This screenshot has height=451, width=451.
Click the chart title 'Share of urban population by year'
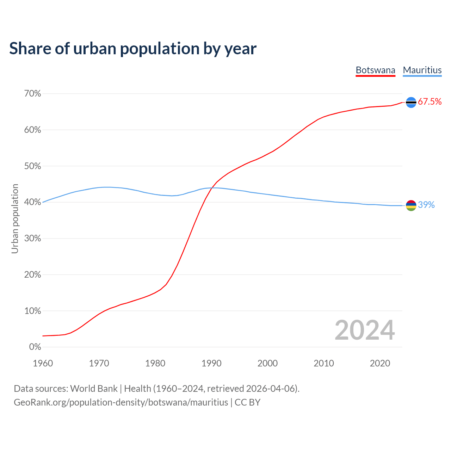point(132,49)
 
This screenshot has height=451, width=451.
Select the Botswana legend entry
point(375,70)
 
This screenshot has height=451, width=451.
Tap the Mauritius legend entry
point(422,70)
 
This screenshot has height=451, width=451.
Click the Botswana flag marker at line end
point(411,102)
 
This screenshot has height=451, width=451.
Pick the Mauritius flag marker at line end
point(411,205)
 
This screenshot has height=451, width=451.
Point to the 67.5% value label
point(430,102)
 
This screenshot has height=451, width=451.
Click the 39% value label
point(426,205)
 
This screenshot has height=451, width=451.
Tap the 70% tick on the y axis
point(32,94)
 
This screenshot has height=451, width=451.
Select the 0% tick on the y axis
point(35,347)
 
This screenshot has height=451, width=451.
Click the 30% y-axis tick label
point(32,239)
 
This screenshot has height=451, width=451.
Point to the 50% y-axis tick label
point(32,166)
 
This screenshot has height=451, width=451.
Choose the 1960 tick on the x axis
point(43,363)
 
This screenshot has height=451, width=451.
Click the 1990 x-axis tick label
point(211,363)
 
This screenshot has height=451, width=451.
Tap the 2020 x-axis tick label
point(380,363)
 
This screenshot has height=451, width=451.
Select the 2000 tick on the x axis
point(267,363)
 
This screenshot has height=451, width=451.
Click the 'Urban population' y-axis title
point(15,218)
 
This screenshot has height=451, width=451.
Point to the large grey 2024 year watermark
point(365,330)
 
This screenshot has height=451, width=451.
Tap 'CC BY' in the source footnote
point(247,402)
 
